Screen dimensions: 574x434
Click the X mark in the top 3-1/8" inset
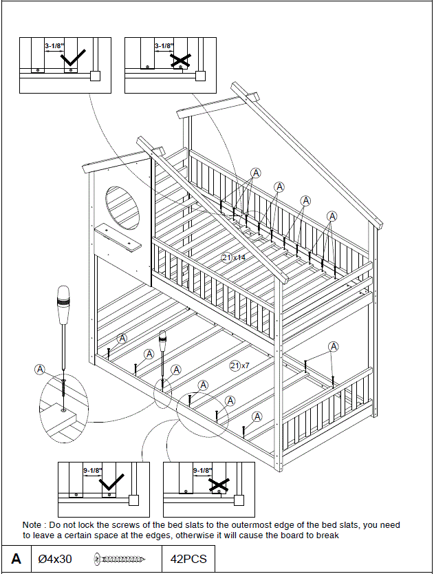coord(180,61)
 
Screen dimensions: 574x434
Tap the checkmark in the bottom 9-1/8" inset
coord(113,483)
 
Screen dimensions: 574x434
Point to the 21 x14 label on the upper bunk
coord(233,257)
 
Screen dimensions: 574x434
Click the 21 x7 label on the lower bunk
coord(239,365)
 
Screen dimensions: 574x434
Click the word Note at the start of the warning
coord(34,525)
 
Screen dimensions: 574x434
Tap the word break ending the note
coord(327,535)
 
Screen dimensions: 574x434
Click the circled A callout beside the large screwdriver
coord(40,369)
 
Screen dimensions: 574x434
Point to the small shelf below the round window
coord(118,236)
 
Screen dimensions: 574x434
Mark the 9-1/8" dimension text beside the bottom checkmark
coord(92,471)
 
